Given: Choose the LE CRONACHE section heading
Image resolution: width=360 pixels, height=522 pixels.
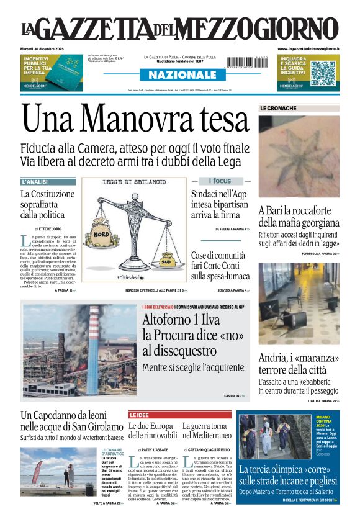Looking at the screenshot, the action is pyautogui.click(x=278, y=108).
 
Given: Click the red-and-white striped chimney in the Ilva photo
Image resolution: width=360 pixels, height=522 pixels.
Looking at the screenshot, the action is pyautogui.click(x=93, y=348).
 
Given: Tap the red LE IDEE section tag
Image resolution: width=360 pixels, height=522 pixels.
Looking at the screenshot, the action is pyautogui.click(x=140, y=414).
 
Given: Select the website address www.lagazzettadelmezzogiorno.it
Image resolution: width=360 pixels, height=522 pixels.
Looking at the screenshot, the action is pyautogui.click(x=308, y=49).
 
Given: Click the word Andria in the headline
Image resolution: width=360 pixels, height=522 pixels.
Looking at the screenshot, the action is pyautogui.click(x=276, y=358).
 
